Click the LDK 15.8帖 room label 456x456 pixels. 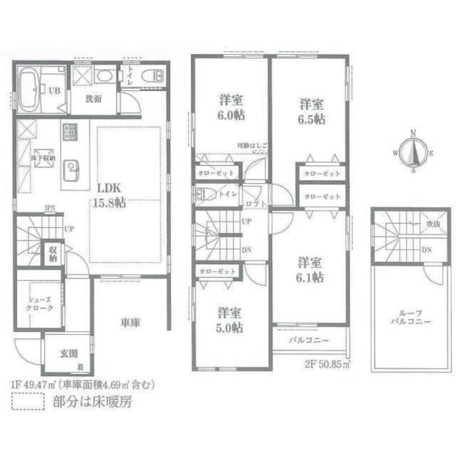coord(111,195)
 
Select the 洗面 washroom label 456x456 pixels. coord(93,98)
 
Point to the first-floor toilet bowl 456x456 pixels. coord(151,76)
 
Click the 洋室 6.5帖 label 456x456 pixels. coord(312,112)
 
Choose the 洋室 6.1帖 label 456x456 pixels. coord(311,269)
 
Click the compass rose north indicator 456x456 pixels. coord(413,133)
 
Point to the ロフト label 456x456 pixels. coord(255,204)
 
